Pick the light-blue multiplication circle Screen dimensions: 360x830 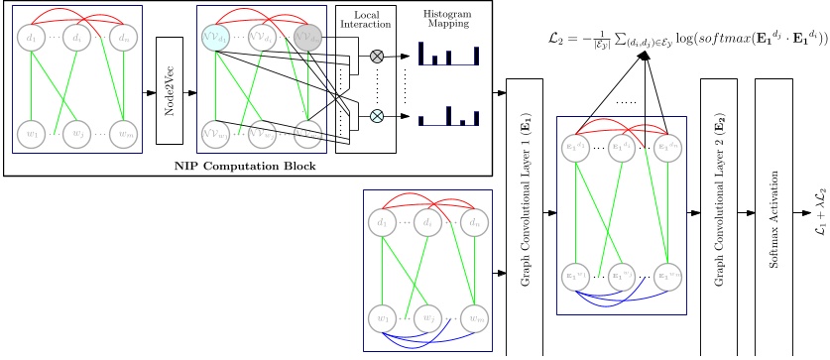(x=377, y=116)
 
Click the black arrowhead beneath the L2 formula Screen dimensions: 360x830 (x=643, y=57)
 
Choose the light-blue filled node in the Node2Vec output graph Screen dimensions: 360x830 (x=215, y=38)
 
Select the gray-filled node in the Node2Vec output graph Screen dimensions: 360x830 (x=309, y=39)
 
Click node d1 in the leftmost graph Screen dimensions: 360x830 (x=31, y=38)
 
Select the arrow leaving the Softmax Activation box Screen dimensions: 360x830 (x=802, y=213)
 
